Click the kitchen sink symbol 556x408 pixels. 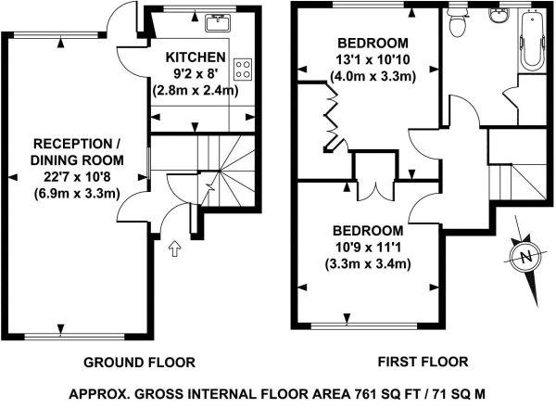pos(219,23)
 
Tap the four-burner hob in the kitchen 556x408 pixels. pos(243,70)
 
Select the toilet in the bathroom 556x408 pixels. pos(458,21)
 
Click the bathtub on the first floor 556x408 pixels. pos(532,40)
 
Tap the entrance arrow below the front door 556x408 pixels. pos(174,249)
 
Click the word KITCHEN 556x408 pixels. pos(196,57)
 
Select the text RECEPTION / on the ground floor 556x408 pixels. pos(77,144)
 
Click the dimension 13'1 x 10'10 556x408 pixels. pos(373,59)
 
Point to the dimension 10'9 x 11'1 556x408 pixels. pos(368,247)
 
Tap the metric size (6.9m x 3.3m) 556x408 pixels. pos(77,194)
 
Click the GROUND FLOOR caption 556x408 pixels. pos(139,363)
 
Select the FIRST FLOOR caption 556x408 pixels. pos(423,362)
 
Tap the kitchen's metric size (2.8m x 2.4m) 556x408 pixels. pos(196,90)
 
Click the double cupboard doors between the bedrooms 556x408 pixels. pos(375,189)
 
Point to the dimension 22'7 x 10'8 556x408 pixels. pos(77,177)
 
